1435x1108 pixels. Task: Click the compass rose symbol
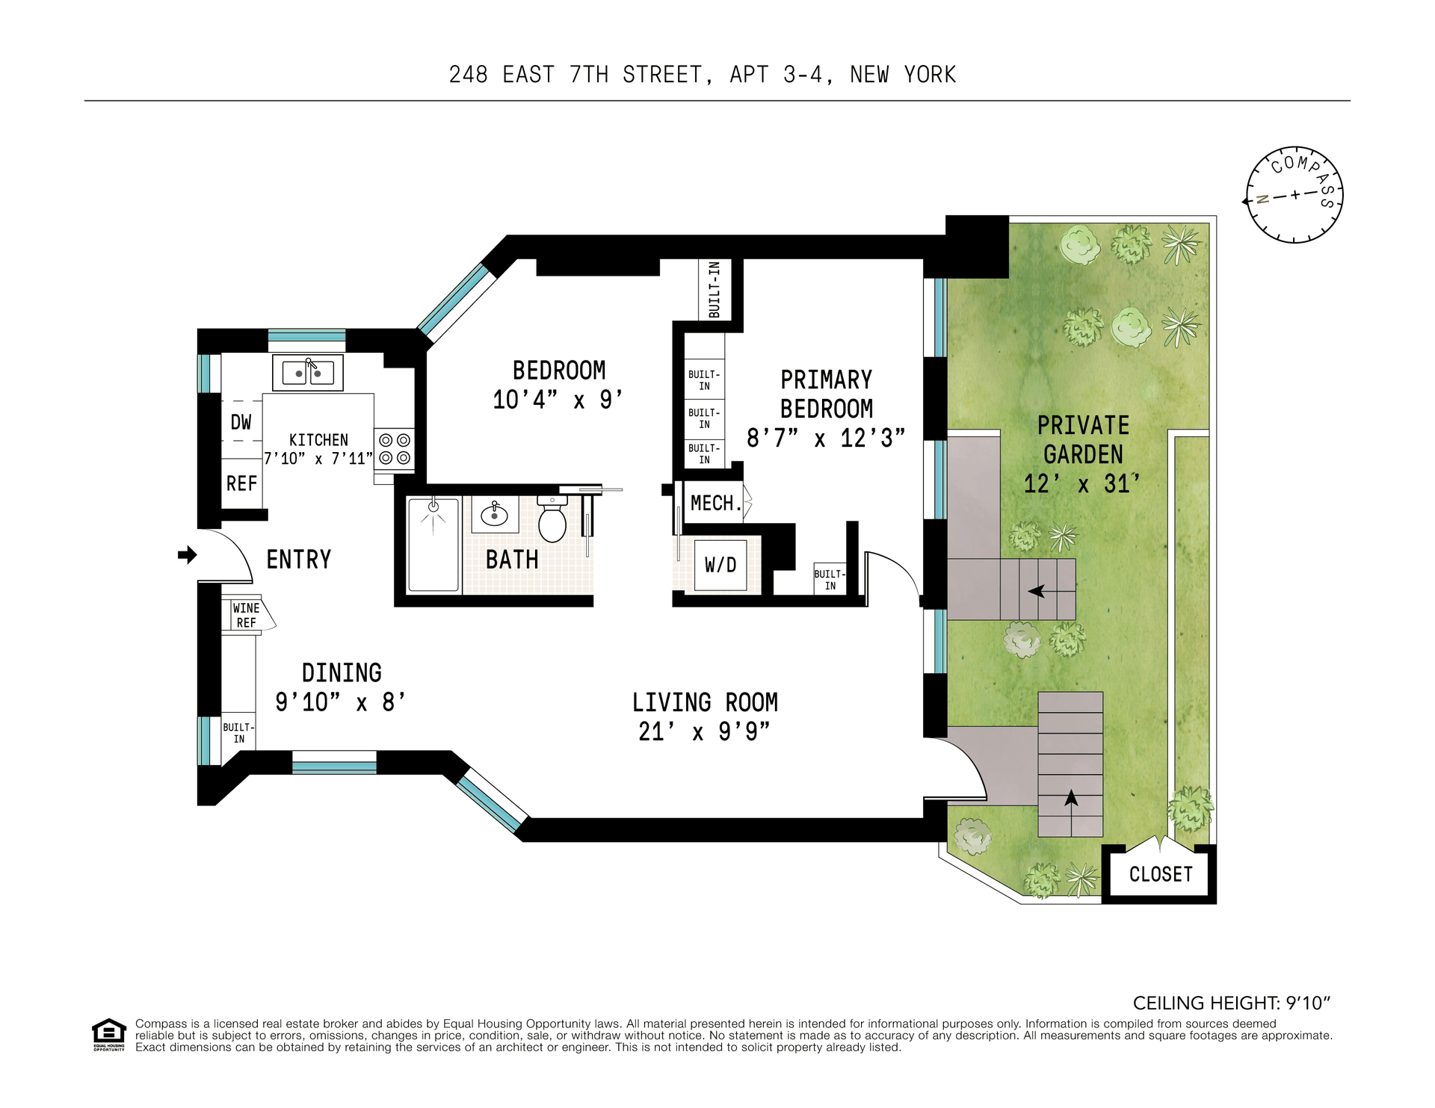[x=1294, y=194]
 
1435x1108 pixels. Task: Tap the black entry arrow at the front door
[x=188, y=554]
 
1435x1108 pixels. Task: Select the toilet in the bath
[x=552, y=519]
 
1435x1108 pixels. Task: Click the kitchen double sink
[x=307, y=373]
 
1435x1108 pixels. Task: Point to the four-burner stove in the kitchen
[x=394, y=448]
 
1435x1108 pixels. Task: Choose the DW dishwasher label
[x=241, y=422]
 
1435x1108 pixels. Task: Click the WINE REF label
[x=246, y=616]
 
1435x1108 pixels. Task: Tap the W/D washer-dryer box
[x=720, y=565]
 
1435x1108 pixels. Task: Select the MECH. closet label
[x=716, y=503]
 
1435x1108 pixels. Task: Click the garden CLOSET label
[x=1161, y=874]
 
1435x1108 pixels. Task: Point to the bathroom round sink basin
[x=494, y=514]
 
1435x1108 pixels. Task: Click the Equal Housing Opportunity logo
[x=109, y=1035]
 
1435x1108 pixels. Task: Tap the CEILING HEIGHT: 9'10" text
[x=1232, y=1003]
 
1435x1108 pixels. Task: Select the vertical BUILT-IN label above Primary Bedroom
[x=715, y=289]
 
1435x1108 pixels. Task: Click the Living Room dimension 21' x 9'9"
[x=704, y=731]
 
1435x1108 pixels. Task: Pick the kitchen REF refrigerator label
[x=241, y=483]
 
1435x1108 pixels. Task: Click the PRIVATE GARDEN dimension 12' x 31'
[x=1082, y=483]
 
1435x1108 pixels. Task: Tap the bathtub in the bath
[x=433, y=545]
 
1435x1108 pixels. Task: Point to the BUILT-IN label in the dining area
[x=238, y=733]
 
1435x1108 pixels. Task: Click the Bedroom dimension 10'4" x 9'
[x=558, y=400]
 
